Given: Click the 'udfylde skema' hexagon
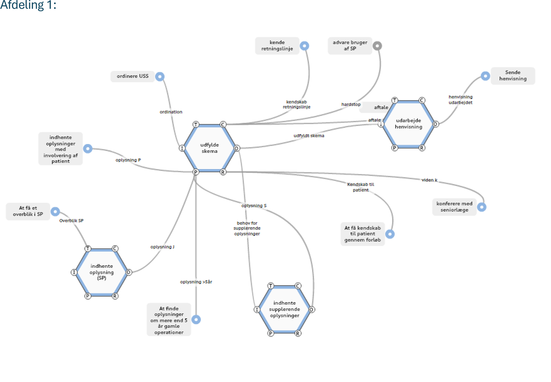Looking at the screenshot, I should click(209, 148).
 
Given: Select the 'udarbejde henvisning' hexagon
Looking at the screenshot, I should click(408, 124).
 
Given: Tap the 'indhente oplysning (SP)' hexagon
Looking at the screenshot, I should click(101, 272).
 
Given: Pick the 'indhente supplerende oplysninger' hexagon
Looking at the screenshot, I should click(284, 309).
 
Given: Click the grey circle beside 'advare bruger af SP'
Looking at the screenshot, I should click(377, 46).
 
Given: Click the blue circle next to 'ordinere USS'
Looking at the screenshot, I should click(160, 77).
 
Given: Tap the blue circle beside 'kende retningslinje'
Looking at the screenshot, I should click(304, 46).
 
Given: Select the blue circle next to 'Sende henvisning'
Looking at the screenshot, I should click(485, 76).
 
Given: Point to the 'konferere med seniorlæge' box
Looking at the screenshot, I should click(454, 207).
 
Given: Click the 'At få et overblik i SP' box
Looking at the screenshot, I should click(28, 211).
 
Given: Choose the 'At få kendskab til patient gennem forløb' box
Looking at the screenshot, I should click(362, 234).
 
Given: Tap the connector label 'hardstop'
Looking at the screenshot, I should click(351, 104).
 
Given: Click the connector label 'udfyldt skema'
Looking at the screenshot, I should click(309, 136).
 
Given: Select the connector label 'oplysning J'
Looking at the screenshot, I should click(162, 247).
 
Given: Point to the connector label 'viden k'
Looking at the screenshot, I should click(429, 180).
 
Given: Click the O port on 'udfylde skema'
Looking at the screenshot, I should click(237, 149).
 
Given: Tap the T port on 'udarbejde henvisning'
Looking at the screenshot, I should click(395, 100).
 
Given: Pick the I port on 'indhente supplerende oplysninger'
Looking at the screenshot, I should click(257, 310).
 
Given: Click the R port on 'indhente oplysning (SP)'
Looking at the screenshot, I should click(115, 296).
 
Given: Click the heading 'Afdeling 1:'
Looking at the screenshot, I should click(28, 5).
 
